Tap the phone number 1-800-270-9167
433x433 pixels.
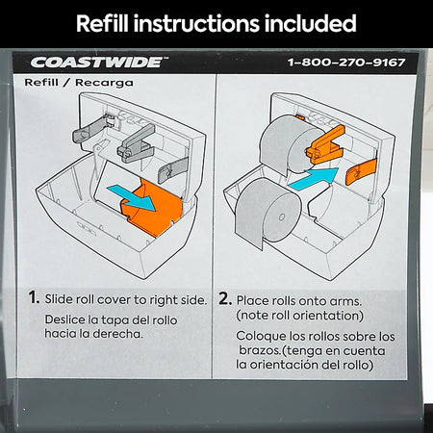[x=346, y=63]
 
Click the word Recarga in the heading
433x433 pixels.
[x=104, y=83]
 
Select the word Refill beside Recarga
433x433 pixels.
[x=41, y=83]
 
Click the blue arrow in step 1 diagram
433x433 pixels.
[x=132, y=196]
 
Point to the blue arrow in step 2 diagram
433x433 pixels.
[x=314, y=179]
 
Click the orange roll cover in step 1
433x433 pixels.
[x=151, y=209]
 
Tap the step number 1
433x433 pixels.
[x=34, y=297]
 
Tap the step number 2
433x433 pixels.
[x=225, y=298]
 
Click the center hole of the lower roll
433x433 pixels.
[x=282, y=217]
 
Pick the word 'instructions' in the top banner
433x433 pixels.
[x=196, y=23]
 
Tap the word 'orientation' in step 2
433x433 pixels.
[x=326, y=316]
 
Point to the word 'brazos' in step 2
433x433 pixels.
[x=259, y=350]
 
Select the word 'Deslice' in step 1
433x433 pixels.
[x=65, y=319]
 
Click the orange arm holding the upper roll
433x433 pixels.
[x=325, y=145]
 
